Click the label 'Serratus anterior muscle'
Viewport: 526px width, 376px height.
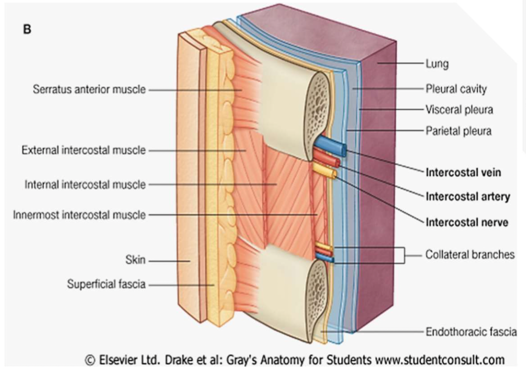[x=89, y=89]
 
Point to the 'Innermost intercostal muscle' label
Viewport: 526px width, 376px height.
[x=79, y=215]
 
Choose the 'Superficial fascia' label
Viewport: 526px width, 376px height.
[x=106, y=284]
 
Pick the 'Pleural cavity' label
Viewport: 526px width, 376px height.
[x=456, y=88]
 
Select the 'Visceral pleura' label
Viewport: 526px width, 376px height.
[x=459, y=110]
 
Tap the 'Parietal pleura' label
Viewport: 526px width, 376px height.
[x=459, y=131]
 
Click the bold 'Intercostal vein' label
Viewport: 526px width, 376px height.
[x=463, y=172]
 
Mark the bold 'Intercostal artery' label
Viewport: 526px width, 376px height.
[x=468, y=197]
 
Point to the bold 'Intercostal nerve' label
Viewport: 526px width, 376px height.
[x=467, y=222]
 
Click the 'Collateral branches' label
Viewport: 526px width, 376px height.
[x=470, y=255]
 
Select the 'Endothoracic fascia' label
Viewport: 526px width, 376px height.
[x=471, y=332]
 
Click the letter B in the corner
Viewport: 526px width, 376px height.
[x=28, y=29]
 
